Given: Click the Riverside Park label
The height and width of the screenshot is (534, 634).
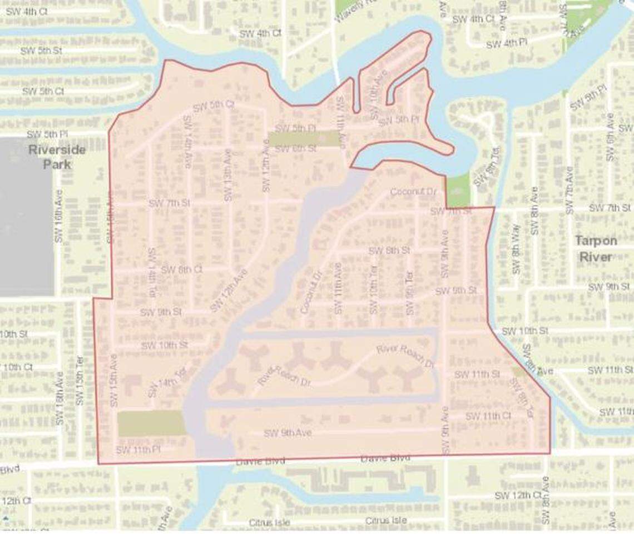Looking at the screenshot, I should (57, 157).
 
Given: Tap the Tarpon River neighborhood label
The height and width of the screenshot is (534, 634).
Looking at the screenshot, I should (596, 248).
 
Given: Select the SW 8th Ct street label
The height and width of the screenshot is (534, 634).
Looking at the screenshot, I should (181, 270).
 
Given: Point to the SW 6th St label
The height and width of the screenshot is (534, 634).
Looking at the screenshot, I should (296, 148).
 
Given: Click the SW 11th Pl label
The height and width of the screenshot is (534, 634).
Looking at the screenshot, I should (138, 450).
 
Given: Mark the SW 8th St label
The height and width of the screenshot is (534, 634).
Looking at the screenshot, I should (389, 250).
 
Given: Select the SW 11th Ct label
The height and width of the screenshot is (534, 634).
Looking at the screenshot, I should (488, 416).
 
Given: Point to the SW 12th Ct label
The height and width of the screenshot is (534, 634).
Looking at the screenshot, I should (518, 495).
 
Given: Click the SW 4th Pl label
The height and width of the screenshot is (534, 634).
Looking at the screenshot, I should (506, 44).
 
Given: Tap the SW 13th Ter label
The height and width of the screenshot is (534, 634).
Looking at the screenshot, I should (80, 381).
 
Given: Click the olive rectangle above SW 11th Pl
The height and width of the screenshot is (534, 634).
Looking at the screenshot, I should (151, 423).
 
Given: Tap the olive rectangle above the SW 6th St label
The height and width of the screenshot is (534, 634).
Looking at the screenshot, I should (304, 138).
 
